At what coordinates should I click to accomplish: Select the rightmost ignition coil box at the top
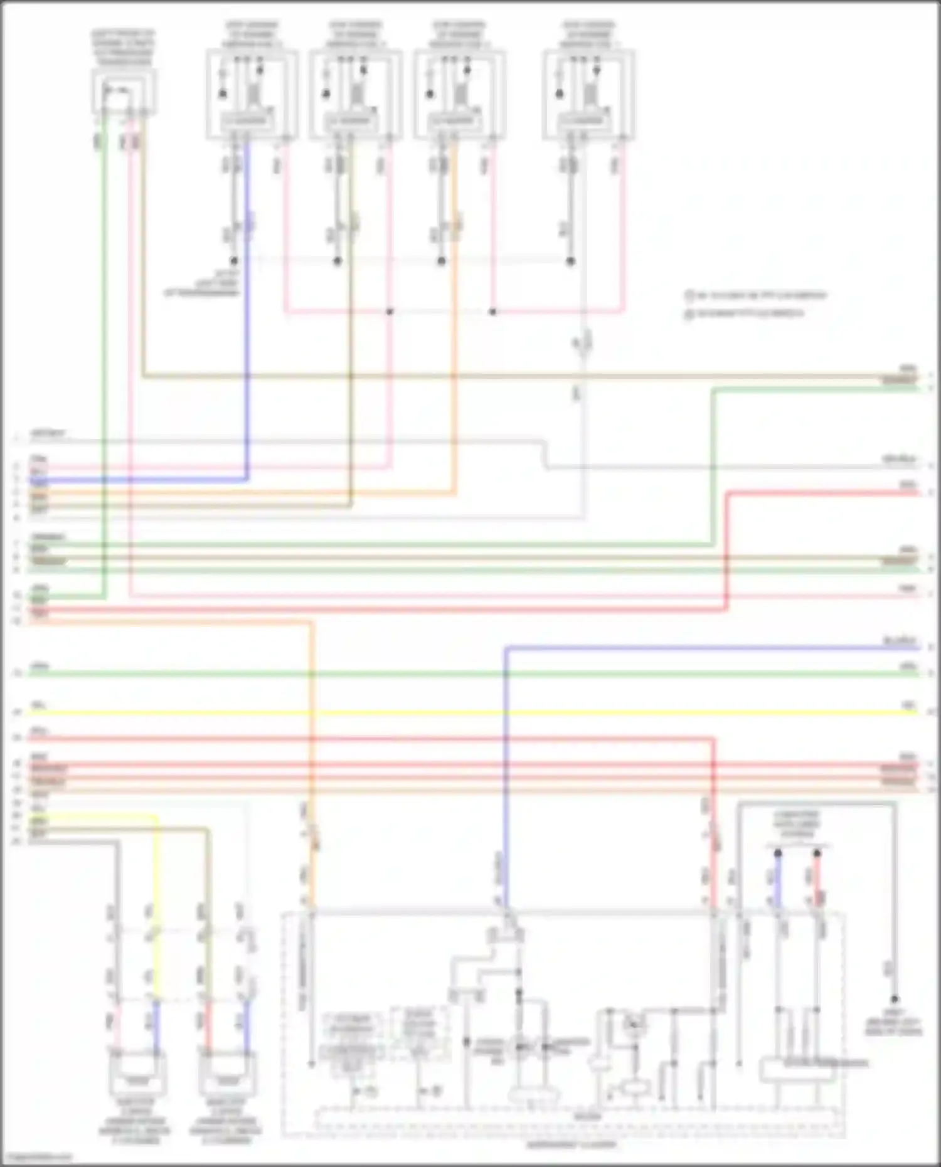point(588,94)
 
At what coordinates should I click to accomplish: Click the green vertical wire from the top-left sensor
point(104,376)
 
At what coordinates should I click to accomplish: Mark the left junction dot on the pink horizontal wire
point(390,312)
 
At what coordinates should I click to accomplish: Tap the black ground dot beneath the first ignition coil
point(233,261)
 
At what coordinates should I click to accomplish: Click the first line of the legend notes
point(756,295)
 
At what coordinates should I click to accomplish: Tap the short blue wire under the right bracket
point(777,881)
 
